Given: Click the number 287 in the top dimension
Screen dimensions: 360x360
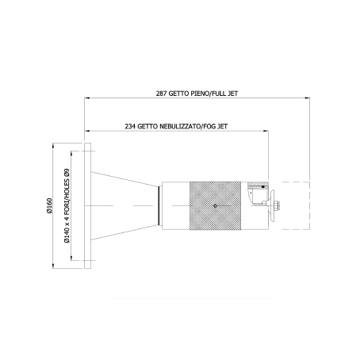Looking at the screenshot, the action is (x=161, y=94).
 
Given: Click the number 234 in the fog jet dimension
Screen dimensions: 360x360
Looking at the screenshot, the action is (x=130, y=126).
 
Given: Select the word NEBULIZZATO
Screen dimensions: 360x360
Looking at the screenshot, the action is (x=180, y=126).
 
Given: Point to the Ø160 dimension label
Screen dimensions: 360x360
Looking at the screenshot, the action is (x=49, y=205).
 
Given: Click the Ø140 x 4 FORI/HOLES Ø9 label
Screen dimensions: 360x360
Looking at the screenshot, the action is (x=67, y=205).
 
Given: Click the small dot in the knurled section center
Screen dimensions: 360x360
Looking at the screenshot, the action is (x=215, y=205).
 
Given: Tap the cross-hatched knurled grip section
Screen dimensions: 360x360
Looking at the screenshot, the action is (x=215, y=205).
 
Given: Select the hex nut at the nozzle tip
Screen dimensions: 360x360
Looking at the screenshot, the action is (x=277, y=205).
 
